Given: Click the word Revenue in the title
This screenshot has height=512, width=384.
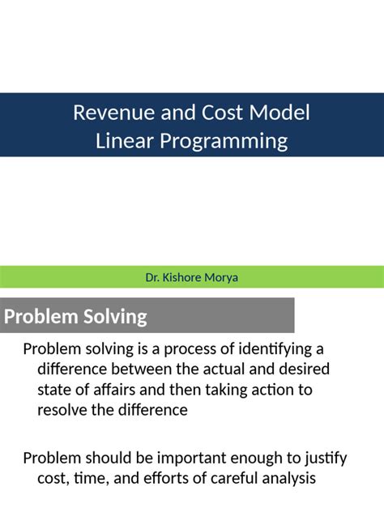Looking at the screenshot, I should pos(107,113).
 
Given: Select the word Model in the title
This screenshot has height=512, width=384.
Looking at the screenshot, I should pos(281,113).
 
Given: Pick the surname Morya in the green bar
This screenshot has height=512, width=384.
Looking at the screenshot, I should pos(222,278).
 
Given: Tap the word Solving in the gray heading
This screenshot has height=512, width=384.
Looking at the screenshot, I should pos(114,316).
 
